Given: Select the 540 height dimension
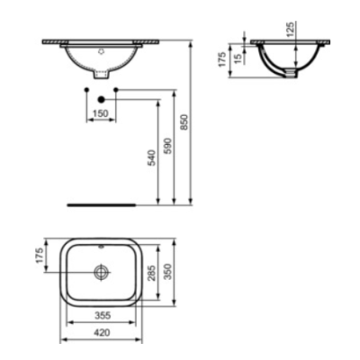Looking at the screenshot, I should click(x=152, y=158).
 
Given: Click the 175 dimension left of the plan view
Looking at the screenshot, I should click(x=40, y=255).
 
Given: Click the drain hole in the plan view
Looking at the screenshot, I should click(x=103, y=271).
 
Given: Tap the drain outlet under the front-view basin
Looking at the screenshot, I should click(x=103, y=75).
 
